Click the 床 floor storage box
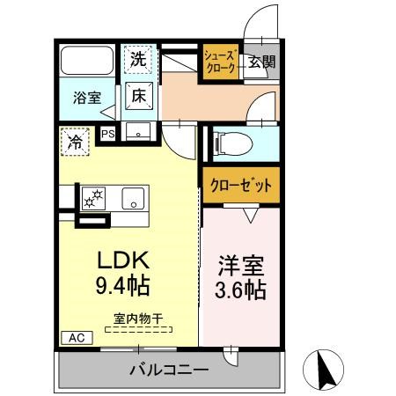pyautogui.click(x=139, y=94)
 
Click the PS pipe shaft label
pyautogui.click(x=108, y=134)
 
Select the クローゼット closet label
pyautogui.click(x=240, y=186)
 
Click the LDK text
pyautogui.click(x=121, y=260)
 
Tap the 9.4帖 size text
pyautogui.click(x=121, y=286)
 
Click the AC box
pyautogui.click(x=75, y=337)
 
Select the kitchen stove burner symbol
pyautogui.click(x=92, y=198)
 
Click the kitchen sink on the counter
pyautogui.click(x=133, y=197)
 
